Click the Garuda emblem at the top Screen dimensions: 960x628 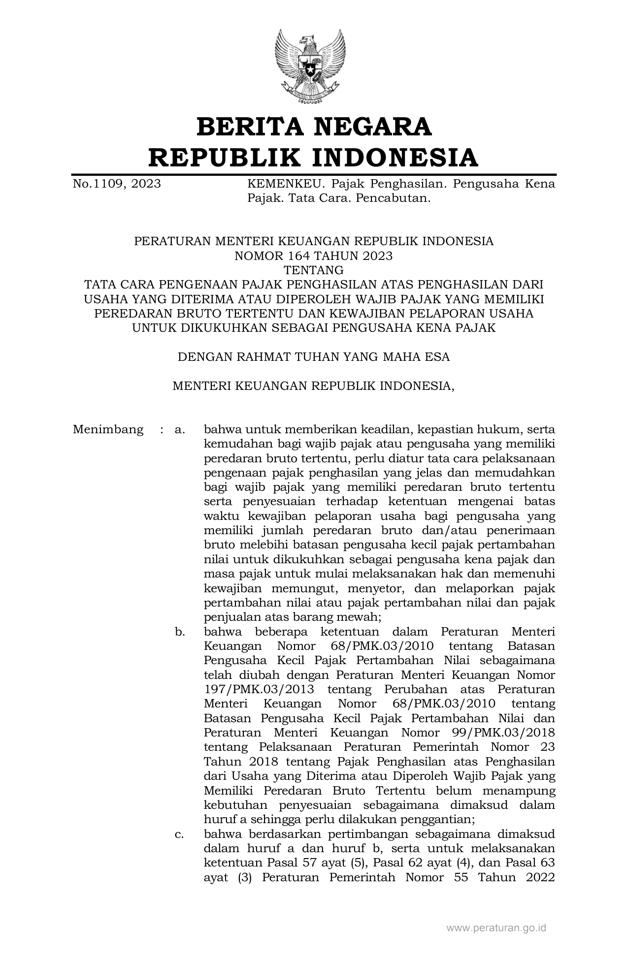310,66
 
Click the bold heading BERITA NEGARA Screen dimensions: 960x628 314,127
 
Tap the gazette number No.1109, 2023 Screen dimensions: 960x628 117,184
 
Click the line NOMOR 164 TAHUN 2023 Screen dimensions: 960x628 314,256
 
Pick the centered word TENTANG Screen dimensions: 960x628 314,270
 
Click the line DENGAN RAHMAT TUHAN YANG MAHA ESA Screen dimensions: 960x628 314,357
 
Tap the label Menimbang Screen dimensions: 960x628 108,429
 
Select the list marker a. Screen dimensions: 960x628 180,429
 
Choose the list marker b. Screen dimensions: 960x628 180,632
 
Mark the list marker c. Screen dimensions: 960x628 180,834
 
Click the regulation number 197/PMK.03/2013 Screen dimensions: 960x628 259,689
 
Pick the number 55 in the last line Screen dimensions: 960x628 461,877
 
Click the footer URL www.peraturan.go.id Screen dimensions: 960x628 496,928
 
